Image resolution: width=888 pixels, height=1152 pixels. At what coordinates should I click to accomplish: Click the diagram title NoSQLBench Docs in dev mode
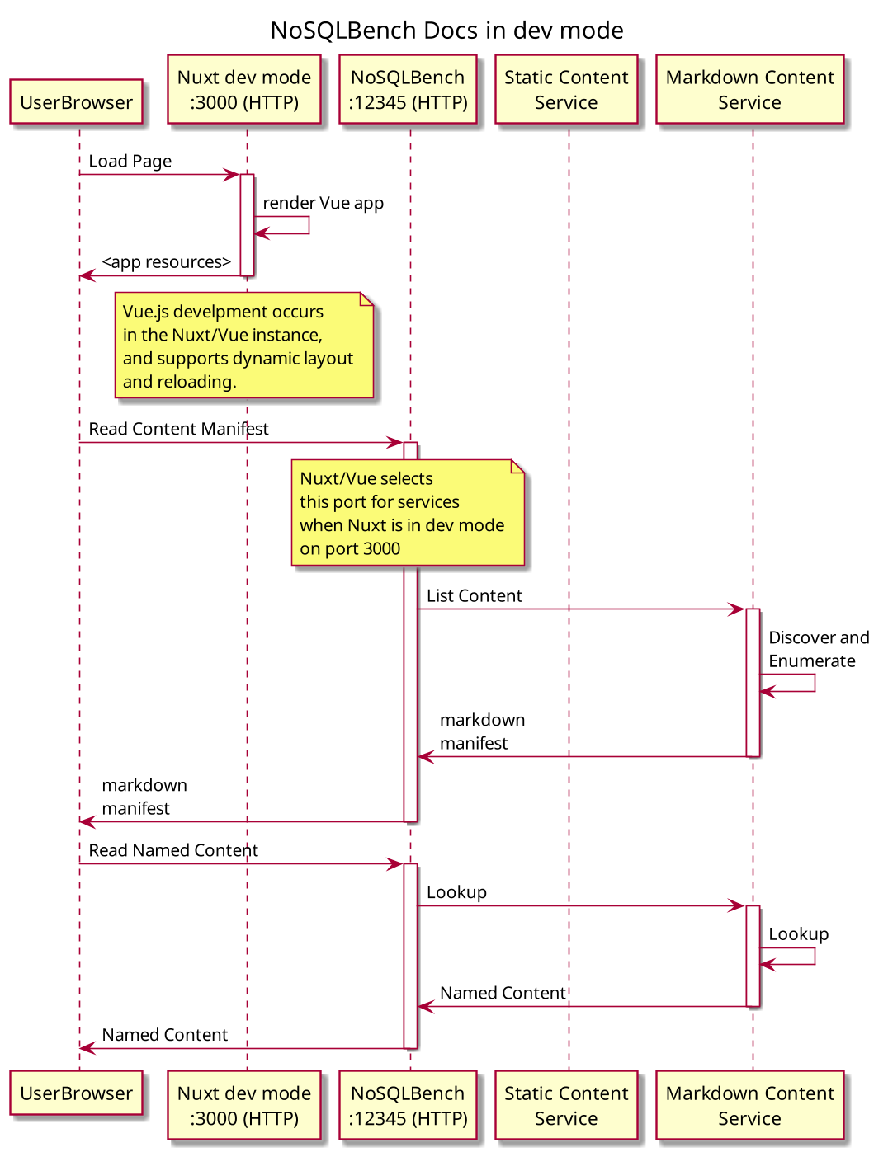446,31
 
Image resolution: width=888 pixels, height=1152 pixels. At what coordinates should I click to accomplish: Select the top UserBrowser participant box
76,102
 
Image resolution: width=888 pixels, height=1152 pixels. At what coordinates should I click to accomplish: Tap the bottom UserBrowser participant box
76,1093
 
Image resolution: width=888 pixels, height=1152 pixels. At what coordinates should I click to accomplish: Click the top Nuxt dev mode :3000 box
244,90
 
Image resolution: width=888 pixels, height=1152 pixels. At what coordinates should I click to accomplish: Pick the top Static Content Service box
566,90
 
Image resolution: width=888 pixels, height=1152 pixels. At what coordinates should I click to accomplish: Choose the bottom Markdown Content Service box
749,1106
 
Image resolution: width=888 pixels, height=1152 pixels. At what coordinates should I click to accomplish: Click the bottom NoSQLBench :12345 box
408,1106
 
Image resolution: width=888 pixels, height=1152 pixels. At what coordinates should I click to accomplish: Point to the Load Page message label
130,162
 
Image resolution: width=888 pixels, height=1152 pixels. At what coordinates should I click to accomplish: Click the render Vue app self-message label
323,203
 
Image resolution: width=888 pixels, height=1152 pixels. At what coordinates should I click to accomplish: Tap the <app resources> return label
166,262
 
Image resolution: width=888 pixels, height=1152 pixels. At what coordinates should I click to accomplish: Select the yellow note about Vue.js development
243,346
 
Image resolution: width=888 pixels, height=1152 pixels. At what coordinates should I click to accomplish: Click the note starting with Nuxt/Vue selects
407,513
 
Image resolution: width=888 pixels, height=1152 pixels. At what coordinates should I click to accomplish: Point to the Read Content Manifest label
178,429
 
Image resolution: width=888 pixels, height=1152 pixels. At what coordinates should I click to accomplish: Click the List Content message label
474,596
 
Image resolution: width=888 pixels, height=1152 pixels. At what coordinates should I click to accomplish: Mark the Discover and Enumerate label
818,649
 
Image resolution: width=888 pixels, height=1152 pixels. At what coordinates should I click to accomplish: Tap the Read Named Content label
173,850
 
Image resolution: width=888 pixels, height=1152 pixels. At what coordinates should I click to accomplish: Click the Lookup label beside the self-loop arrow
798,934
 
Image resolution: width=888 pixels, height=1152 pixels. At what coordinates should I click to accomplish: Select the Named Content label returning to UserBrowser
164,1035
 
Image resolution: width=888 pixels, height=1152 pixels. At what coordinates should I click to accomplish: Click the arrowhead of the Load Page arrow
233,175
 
